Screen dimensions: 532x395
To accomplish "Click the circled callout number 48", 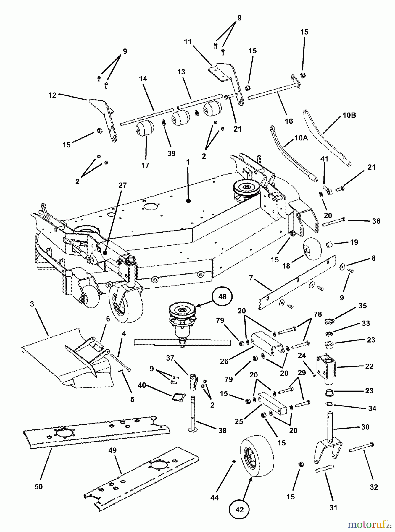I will pyautogui.click(x=222, y=296).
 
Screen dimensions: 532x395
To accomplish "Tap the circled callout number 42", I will pyautogui.click(x=239, y=510).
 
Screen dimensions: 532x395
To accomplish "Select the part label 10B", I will pyautogui.click(x=349, y=115).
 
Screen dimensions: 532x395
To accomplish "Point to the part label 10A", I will pyautogui.click(x=301, y=138).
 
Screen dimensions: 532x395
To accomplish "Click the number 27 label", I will pyautogui.click(x=122, y=185).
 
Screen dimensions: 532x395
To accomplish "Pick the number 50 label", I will pyautogui.click(x=39, y=486).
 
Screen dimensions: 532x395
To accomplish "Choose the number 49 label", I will pyautogui.click(x=113, y=450).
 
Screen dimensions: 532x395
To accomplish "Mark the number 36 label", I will pyautogui.click(x=376, y=221).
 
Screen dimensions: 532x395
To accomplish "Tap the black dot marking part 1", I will pyautogui.click(x=188, y=201).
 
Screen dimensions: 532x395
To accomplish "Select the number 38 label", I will pyautogui.click(x=223, y=431).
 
